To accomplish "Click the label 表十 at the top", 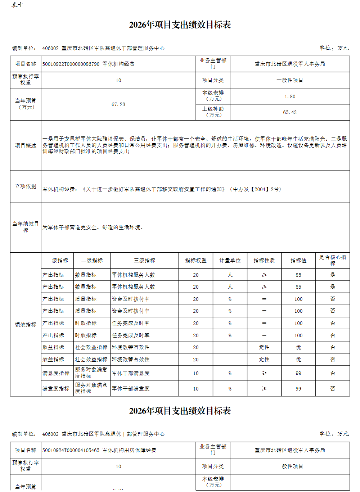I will [17, 5].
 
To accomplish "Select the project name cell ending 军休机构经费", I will [89, 64].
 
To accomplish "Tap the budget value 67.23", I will [118, 104].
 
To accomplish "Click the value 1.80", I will [289, 96].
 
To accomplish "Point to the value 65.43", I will [289, 112].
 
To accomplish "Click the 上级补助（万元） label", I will [213, 112].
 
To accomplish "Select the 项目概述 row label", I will [26, 145].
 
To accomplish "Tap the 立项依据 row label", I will [26, 186].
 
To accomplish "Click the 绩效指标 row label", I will [26, 324].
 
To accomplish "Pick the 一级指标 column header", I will [57, 261].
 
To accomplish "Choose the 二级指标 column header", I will [92, 261].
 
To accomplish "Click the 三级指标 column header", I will [144, 261].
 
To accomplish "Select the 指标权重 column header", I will [195, 261].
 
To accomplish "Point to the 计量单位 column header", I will [230, 261].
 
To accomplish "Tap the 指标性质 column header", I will [264, 261].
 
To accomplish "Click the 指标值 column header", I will [298, 261].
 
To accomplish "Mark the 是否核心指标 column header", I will [332, 260].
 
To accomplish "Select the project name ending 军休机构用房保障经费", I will [99, 450].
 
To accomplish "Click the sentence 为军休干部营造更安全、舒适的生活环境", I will [93, 227].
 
